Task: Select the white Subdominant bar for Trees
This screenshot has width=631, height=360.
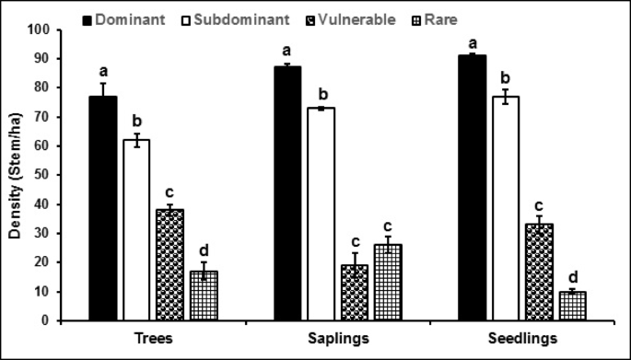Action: pos(137,230)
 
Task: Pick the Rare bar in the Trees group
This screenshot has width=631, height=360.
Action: pos(203,296)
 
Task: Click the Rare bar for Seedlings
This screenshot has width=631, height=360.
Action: pos(571,306)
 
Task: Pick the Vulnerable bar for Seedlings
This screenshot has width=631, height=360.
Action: pos(538,273)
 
